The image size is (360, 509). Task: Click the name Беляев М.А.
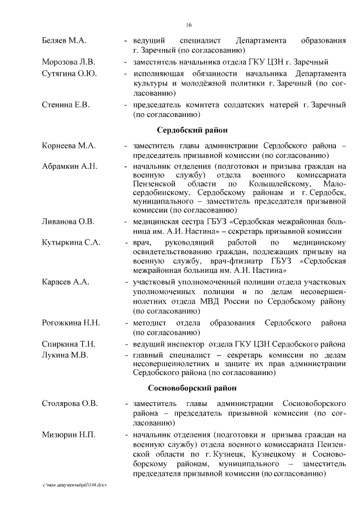point(64,41)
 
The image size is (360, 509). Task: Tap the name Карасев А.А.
point(65,281)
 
